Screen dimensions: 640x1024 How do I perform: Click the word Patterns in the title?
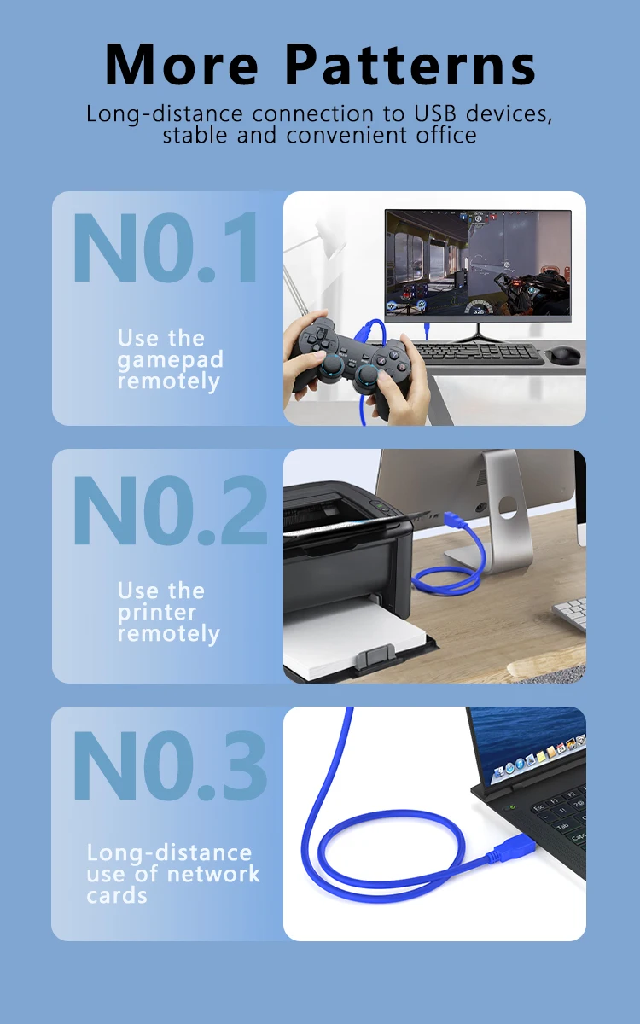(410, 64)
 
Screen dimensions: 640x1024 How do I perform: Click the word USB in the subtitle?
(434, 113)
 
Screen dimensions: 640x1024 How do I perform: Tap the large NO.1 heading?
(165, 247)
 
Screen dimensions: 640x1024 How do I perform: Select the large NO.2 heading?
(170, 509)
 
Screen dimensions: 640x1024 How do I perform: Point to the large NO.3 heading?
(170, 765)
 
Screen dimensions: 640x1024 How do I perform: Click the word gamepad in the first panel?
(170, 360)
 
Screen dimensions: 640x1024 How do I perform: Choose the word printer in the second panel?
(156, 613)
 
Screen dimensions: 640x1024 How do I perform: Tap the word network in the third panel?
(213, 874)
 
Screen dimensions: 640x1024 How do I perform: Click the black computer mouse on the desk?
(562, 354)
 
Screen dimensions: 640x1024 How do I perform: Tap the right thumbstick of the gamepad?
(369, 375)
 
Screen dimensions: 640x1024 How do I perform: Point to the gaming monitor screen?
(478, 263)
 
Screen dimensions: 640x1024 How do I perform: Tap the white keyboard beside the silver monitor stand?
(570, 614)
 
